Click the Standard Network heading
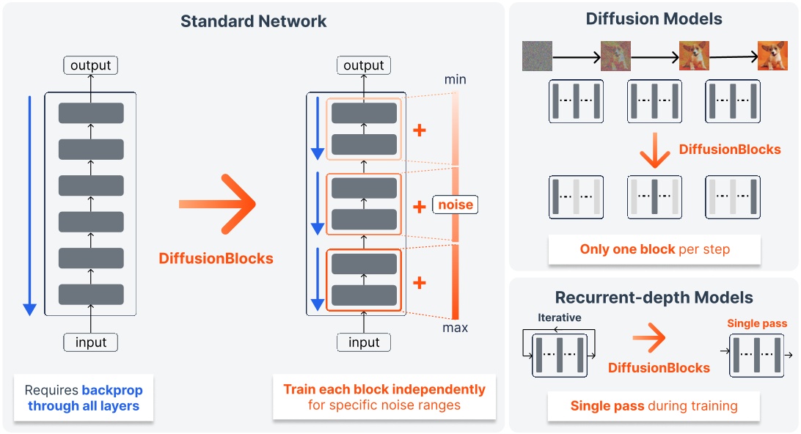tap(254, 21)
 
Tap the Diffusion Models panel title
tap(654, 19)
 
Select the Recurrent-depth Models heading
tap(654, 298)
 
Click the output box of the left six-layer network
tap(90, 66)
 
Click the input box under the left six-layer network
tap(90, 342)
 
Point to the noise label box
tap(456, 205)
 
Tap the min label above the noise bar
tap(455, 79)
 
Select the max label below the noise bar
tap(455, 327)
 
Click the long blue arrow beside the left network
tap(29, 205)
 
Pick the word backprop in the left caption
tap(112, 390)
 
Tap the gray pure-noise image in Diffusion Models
tap(537, 56)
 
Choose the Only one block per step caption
tap(654, 249)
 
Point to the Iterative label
tap(559, 317)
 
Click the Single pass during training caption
tap(654, 405)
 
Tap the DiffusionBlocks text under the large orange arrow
tap(216, 258)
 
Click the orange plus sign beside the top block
tap(420, 131)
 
